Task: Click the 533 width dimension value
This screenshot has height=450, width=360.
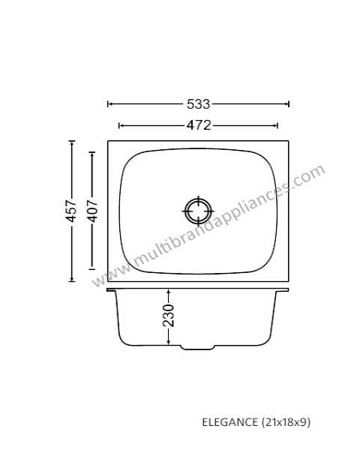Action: click(x=198, y=104)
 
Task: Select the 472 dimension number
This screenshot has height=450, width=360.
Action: click(x=199, y=125)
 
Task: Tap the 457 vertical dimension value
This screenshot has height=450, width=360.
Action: click(x=70, y=211)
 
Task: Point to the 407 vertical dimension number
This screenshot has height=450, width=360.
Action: click(x=92, y=211)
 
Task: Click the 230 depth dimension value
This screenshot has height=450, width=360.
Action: click(x=168, y=316)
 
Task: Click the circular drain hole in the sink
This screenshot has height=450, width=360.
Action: click(x=198, y=211)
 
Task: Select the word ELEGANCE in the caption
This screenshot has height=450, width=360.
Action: click(x=229, y=422)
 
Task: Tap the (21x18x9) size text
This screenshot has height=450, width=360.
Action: click(x=286, y=422)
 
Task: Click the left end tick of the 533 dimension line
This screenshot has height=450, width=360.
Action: click(x=108, y=104)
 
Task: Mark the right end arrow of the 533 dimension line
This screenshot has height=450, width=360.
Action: click(x=289, y=104)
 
